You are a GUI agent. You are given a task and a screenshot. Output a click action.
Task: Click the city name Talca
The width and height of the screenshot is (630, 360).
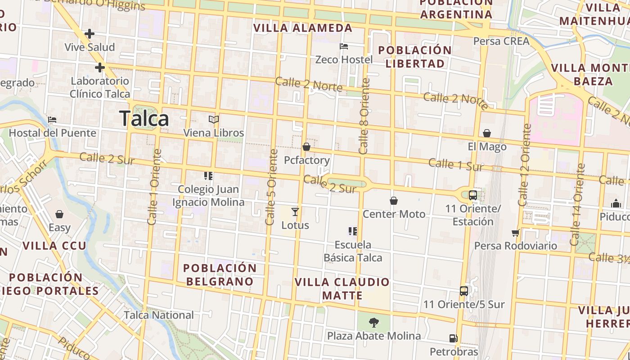coord(144,118)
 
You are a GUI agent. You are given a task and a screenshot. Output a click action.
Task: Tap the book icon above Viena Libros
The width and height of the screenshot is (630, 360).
coord(214,120)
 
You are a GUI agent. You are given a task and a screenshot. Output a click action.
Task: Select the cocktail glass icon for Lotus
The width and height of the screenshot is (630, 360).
coord(295,211)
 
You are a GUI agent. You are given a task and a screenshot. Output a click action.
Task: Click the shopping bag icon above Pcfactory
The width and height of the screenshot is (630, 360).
coord(306,147)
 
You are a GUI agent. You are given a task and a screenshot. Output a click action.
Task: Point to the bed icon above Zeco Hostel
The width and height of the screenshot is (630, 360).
coord(344,46)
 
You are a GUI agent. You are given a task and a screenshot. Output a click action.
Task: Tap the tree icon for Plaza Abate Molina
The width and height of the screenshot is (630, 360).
coord(373,322)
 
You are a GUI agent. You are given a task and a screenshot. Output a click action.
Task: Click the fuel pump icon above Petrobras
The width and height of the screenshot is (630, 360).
coord(453,338)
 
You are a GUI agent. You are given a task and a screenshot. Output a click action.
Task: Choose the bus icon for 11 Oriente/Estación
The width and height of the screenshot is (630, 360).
coord(473,195)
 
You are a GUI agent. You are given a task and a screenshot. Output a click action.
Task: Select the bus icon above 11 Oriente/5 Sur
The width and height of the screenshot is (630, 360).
coord(464,291)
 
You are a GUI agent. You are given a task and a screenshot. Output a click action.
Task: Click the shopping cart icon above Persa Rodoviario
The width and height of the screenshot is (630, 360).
coord(516,233)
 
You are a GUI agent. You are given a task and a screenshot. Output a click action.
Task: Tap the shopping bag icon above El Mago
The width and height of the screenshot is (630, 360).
coord(487,133)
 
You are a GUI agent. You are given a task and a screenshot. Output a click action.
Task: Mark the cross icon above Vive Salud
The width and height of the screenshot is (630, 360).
coord(90,33)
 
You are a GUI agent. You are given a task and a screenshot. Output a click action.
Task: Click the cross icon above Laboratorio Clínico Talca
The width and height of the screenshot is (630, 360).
coord(99,68)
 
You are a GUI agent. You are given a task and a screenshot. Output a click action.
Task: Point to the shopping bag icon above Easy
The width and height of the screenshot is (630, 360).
coord(59,214)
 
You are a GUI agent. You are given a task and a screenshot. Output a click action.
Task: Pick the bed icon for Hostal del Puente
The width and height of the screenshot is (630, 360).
coord(52,120)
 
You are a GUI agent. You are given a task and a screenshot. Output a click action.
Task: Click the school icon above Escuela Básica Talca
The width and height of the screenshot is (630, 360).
coord(353,231)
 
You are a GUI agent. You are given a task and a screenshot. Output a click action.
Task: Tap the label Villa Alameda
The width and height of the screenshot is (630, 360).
coord(302,28)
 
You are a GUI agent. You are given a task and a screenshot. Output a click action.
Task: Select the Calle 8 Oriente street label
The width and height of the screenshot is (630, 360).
coord(364,116)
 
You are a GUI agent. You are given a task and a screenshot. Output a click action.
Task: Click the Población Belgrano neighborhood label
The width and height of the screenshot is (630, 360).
coord(220,274)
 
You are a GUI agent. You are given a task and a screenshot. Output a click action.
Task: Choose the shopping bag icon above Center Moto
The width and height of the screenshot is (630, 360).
coord(394,201)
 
